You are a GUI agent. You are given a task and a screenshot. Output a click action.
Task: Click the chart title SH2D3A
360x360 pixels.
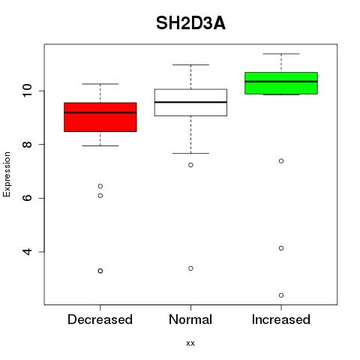[190, 23]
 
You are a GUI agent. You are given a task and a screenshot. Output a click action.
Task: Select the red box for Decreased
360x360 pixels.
[100, 117]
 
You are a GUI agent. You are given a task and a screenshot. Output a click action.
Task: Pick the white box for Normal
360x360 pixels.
[190, 103]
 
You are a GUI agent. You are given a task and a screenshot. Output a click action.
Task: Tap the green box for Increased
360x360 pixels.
[281, 83]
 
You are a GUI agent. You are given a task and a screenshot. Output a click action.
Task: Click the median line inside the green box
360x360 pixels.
[281, 82]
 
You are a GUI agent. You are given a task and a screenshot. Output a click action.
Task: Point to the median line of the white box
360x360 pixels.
[190, 102]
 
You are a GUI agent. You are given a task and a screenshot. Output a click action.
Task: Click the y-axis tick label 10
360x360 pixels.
[27, 91]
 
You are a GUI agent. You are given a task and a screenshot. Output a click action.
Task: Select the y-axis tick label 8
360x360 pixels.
[27, 144]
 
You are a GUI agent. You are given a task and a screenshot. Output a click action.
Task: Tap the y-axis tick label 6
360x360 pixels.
[27, 198]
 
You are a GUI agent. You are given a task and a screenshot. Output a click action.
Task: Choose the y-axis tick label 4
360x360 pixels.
[27, 251]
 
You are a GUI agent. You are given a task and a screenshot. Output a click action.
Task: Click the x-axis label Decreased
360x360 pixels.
[100, 319]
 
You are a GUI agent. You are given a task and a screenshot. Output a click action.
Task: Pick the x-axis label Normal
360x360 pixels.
[190, 319]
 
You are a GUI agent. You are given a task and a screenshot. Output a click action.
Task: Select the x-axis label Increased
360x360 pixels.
[281, 319]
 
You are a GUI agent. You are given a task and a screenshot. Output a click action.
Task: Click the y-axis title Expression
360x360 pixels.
[7, 174]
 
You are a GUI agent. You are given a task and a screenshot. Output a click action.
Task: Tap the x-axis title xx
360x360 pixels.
[190, 343]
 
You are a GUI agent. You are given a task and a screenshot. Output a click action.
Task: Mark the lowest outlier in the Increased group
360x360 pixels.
[281, 295]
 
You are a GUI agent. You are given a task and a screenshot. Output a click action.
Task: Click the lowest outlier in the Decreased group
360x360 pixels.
[100, 271]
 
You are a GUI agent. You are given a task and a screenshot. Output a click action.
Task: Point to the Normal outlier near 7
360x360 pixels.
[190, 165]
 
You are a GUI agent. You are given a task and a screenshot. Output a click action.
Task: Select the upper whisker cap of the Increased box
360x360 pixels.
[281, 54]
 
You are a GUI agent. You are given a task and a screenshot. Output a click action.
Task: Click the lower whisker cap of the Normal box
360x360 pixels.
[190, 153]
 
